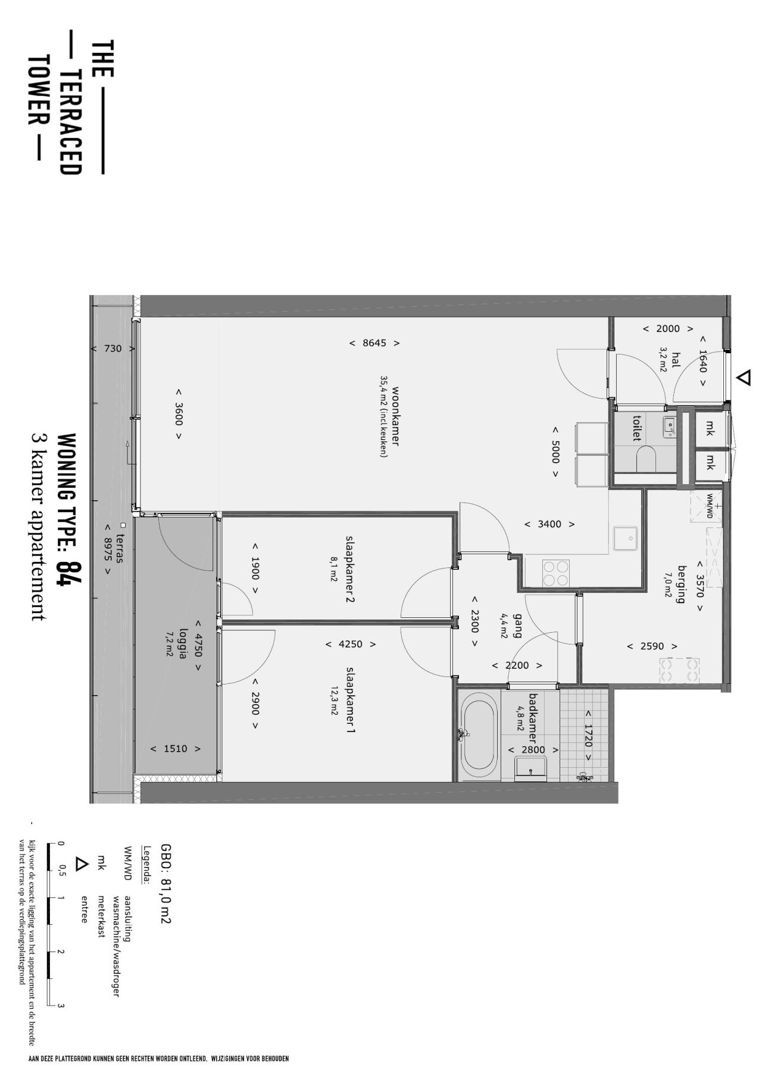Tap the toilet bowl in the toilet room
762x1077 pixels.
click(646, 459)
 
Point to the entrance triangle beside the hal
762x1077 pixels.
click(744, 377)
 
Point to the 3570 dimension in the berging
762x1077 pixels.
click(700, 586)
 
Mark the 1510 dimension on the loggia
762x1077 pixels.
click(175, 749)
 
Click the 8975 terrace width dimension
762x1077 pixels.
click(108, 549)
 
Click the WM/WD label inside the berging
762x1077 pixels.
click(710, 506)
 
